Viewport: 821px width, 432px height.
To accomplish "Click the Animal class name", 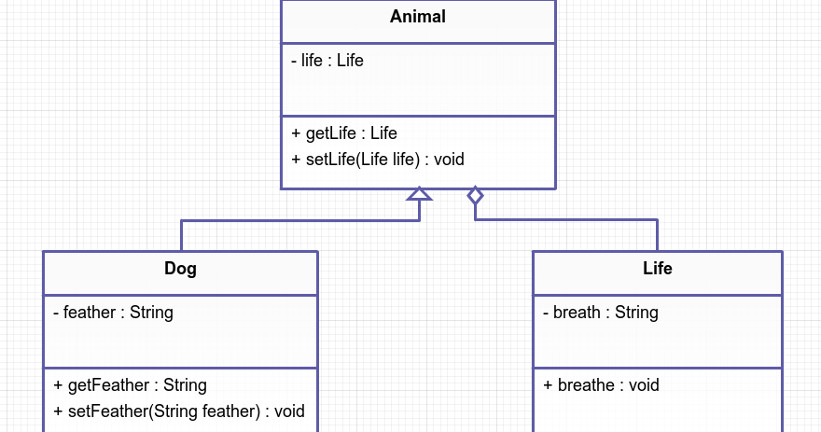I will pyautogui.click(x=418, y=17).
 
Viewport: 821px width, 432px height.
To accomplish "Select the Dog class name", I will pyautogui.click(x=180, y=269).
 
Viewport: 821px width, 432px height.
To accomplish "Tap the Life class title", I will pyautogui.click(x=657, y=269).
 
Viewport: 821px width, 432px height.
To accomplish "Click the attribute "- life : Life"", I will pyautogui.click(x=327, y=61).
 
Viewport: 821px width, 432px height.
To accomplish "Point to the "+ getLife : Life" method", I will pyautogui.click(x=344, y=133).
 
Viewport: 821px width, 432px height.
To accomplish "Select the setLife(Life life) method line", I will pyautogui.click(x=378, y=160).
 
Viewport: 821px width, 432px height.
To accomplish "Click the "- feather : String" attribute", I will pyautogui.click(x=114, y=313).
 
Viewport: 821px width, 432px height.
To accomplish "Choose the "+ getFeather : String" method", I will pyautogui.click(x=131, y=385).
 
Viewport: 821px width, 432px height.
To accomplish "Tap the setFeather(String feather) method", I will pyautogui.click(x=179, y=411).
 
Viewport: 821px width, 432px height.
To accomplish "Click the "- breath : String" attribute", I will pyautogui.click(x=601, y=313).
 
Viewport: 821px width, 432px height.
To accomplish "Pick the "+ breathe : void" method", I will pyautogui.click(x=602, y=385).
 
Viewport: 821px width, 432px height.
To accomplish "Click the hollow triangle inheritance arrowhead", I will pyautogui.click(x=420, y=194).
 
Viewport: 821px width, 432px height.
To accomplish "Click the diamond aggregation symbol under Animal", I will pyautogui.click(x=475, y=195).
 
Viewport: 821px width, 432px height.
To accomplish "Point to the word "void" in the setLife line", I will pyautogui.click(x=449, y=160).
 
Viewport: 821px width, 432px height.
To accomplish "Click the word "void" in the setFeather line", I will pyautogui.click(x=289, y=411).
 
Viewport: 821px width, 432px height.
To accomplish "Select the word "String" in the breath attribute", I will pyautogui.click(x=636, y=313).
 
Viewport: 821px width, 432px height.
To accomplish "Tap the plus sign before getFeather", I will pyautogui.click(x=58, y=385).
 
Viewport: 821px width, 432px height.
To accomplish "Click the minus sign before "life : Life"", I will pyautogui.click(x=295, y=61).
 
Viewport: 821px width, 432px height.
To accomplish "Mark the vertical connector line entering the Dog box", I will pyautogui.click(x=181, y=236).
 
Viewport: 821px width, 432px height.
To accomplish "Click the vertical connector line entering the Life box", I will pyautogui.click(x=657, y=236).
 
